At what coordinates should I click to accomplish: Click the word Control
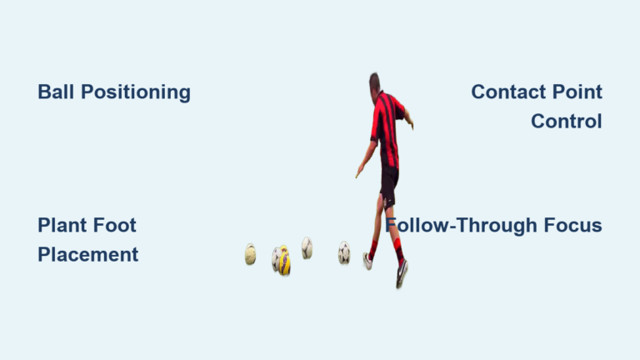click(566, 121)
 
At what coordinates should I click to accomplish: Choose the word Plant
click(65, 225)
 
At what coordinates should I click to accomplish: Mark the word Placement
click(87, 254)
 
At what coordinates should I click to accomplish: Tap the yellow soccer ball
click(284, 262)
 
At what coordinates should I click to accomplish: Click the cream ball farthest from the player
click(250, 254)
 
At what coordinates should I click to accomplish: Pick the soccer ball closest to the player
click(344, 252)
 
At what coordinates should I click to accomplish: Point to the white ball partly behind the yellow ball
click(275, 258)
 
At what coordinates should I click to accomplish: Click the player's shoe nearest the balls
click(367, 261)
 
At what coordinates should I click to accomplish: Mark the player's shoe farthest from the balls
click(402, 273)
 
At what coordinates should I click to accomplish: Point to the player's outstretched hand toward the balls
click(358, 172)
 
